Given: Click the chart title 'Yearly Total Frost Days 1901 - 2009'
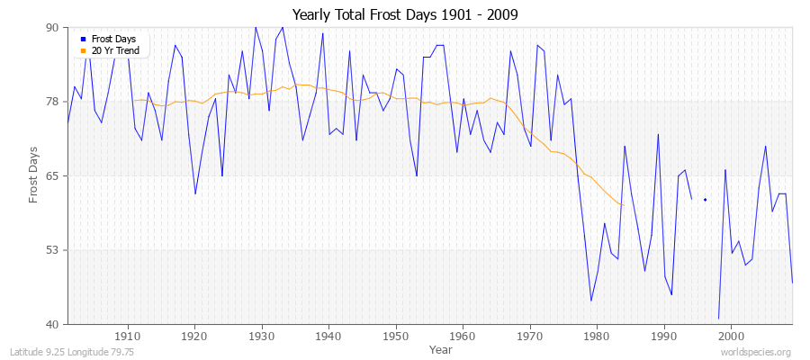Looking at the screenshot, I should [x=404, y=15].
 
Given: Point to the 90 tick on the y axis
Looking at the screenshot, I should [x=51, y=28].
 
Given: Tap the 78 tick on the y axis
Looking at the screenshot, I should [x=51, y=102].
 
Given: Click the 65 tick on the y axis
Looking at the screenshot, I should [x=51, y=175].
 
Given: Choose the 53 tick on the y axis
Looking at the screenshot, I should [x=51, y=250].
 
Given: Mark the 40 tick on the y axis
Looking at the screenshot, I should [x=51, y=324].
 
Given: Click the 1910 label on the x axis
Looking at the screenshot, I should [x=128, y=334].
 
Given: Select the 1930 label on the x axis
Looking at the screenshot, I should [x=262, y=334].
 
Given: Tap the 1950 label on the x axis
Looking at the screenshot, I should [x=396, y=334].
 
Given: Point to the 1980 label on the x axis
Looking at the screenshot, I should [x=597, y=334].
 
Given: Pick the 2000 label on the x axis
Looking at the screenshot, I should [x=731, y=334].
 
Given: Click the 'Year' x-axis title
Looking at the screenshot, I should [x=441, y=348].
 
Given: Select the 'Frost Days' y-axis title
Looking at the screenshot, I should [x=34, y=175].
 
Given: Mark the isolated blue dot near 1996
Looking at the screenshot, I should [x=705, y=200].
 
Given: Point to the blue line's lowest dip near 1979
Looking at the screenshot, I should [x=591, y=301].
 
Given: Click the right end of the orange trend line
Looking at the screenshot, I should [x=623, y=205].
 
